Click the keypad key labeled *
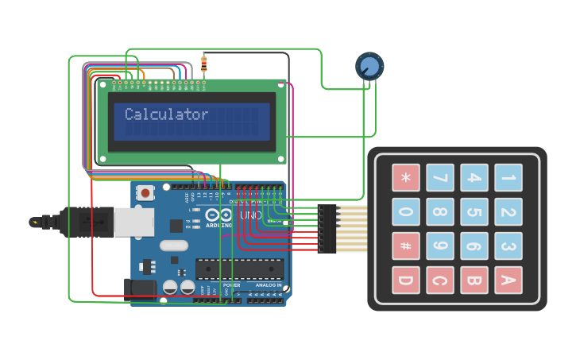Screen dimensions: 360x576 405,178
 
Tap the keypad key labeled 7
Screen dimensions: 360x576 439,178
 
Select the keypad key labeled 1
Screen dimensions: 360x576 508,178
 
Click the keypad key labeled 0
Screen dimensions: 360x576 405,212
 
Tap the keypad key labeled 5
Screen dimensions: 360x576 474,212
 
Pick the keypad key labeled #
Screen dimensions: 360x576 405,246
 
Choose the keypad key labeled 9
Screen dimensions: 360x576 439,246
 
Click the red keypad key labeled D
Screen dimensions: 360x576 405,281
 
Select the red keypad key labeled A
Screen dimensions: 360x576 508,281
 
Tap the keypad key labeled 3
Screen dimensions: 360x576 508,246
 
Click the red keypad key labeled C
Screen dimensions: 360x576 439,281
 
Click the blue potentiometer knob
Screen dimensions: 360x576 369,66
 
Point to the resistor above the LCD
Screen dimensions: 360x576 204,63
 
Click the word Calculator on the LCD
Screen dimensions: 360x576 166,114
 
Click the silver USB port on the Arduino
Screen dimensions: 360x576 133,222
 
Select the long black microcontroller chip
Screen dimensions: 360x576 238,270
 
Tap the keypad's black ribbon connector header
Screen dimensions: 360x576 327,229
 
